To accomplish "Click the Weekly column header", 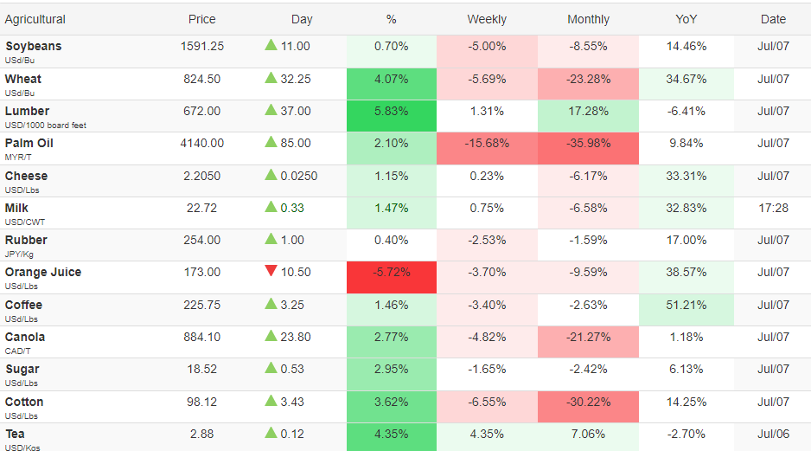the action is pyautogui.click(x=487, y=20).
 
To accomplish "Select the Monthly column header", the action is pyautogui.click(x=588, y=20).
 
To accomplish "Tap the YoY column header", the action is pyautogui.click(x=686, y=20).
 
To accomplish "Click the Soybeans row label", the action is pyautogui.click(x=34, y=46).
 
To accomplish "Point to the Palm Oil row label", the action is pyautogui.click(x=29, y=144).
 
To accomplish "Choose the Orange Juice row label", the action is pyautogui.click(x=43, y=273).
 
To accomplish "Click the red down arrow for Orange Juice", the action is pyautogui.click(x=271, y=271).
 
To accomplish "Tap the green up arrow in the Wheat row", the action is pyautogui.click(x=271, y=78).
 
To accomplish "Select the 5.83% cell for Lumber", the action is pyautogui.click(x=392, y=116).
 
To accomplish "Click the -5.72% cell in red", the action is pyautogui.click(x=392, y=277).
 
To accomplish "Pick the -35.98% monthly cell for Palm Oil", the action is pyautogui.click(x=588, y=149).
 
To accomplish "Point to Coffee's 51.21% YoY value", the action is pyautogui.click(x=686, y=305).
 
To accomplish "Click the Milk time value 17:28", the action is pyautogui.click(x=773, y=208).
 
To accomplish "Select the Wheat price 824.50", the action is pyautogui.click(x=201, y=80).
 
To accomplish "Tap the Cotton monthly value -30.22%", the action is pyautogui.click(x=588, y=403).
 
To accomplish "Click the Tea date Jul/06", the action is pyautogui.click(x=773, y=435).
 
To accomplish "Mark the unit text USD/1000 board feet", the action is pyautogui.click(x=46, y=126).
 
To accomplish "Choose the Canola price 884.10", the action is pyautogui.click(x=201, y=337).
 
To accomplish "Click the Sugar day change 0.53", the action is pyautogui.click(x=291, y=369).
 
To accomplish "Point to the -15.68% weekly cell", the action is pyautogui.click(x=487, y=149).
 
